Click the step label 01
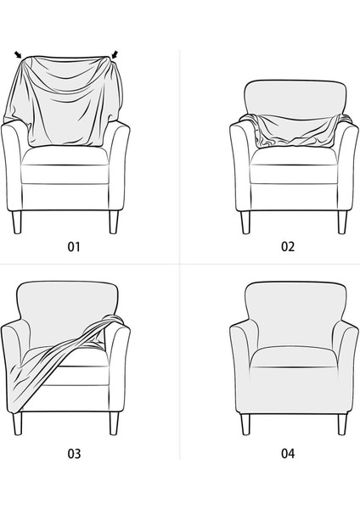coord(74,248)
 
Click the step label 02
coord(288,248)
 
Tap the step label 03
coord(74,454)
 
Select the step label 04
coord(288,454)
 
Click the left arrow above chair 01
coord(19,56)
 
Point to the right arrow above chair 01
coord(115,56)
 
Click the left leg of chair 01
coord(18,222)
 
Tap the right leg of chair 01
coord(112,222)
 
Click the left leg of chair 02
coord(246,222)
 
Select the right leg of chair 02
coord(341,222)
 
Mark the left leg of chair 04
coord(245,424)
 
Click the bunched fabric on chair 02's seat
coord(293,136)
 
